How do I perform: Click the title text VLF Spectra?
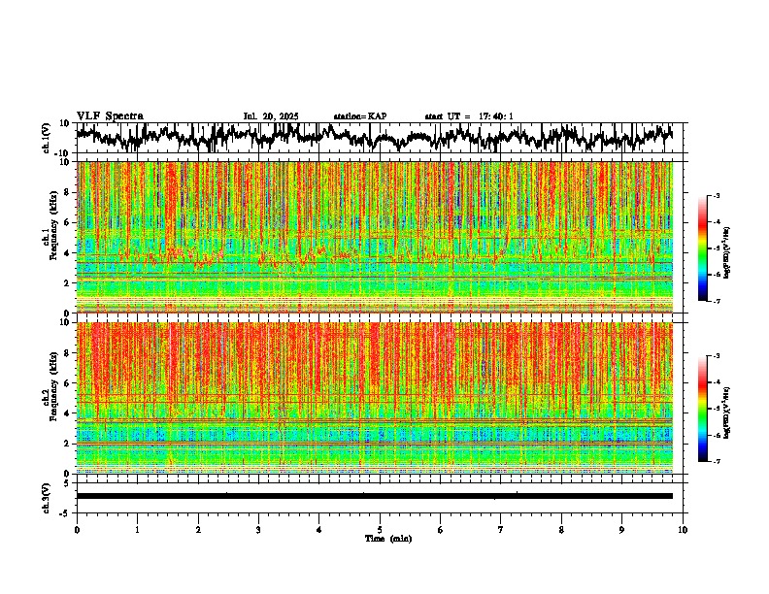pyautogui.click(x=110, y=115)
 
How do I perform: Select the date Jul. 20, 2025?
pyautogui.click(x=271, y=116)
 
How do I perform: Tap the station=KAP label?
pyautogui.click(x=359, y=116)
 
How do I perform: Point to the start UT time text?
pyautogui.click(x=469, y=116)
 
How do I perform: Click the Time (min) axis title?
pyautogui.click(x=387, y=539)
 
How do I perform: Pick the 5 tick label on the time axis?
pyautogui.click(x=380, y=529)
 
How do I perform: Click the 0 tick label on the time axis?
pyautogui.click(x=77, y=529)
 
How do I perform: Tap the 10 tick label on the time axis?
pyautogui.click(x=683, y=529)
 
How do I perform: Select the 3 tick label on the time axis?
pyautogui.click(x=258, y=529)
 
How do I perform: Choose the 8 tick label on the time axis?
pyautogui.click(x=561, y=529)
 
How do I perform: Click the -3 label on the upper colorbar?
pyautogui.click(x=716, y=196)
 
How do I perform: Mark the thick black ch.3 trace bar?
pyautogui.click(x=374, y=496)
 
